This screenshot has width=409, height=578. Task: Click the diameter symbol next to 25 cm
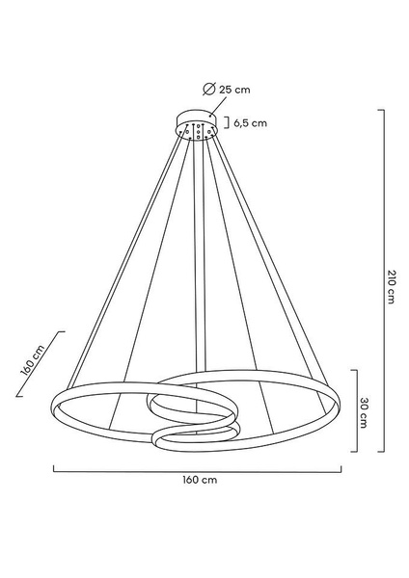point(209,90)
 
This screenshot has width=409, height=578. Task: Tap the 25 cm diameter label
point(234,90)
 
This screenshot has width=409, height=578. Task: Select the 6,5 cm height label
point(250,123)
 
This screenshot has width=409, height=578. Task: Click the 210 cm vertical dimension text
point(392,286)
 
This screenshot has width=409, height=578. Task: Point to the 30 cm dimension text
point(363,412)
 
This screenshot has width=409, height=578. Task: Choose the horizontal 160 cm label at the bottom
point(200,481)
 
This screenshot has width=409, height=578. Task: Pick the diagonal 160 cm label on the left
point(33,359)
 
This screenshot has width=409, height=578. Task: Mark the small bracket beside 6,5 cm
point(227,123)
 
